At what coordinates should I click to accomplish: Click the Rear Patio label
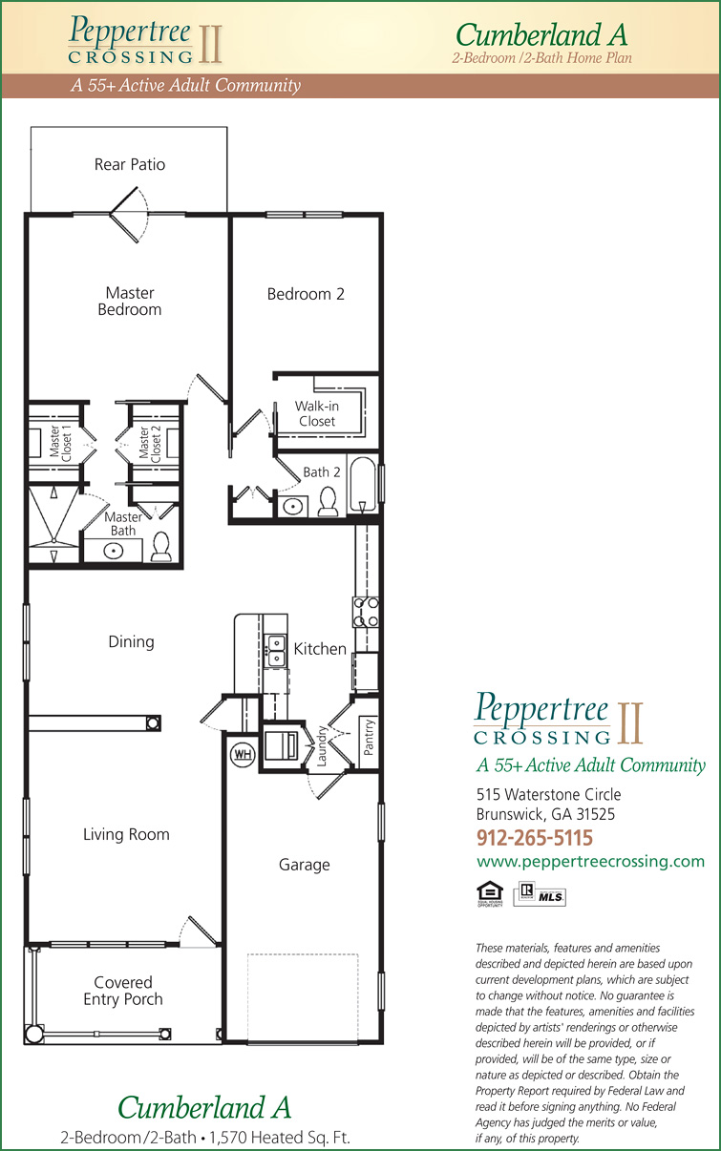pyautogui.click(x=130, y=164)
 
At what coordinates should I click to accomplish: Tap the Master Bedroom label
pyautogui.click(x=130, y=301)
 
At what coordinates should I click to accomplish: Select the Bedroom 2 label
pyautogui.click(x=306, y=294)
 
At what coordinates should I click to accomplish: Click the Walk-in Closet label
pyautogui.click(x=317, y=413)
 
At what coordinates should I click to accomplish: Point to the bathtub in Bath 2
pyautogui.click(x=363, y=485)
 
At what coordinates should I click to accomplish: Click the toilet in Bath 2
pyautogui.click(x=329, y=502)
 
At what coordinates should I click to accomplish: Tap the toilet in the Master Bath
pyautogui.click(x=161, y=547)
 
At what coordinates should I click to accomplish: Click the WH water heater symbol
pyautogui.click(x=243, y=754)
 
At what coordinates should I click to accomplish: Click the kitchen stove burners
pyautogui.click(x=366, y=612)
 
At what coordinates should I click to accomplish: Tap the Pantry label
pyautogui.click(x=369, y=737)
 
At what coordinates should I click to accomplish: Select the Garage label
pyautogui.click(x=304, y=865)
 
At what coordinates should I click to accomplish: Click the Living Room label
pyautogui.click(x=126, y=834)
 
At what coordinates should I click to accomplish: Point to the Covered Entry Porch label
pyautogui.click(x=123, y=991)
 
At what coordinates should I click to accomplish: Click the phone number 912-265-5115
pyautogui.click(x=535, y=838)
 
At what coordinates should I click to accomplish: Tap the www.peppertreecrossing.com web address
pyautogui.click(x=590, y=861)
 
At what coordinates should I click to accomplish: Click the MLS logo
pyautogui.click(x=540, y=894)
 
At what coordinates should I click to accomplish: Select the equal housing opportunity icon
pyautogui.click(x=490, y=894)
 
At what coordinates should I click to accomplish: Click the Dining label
pyautogui.click(x=131, y=641)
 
